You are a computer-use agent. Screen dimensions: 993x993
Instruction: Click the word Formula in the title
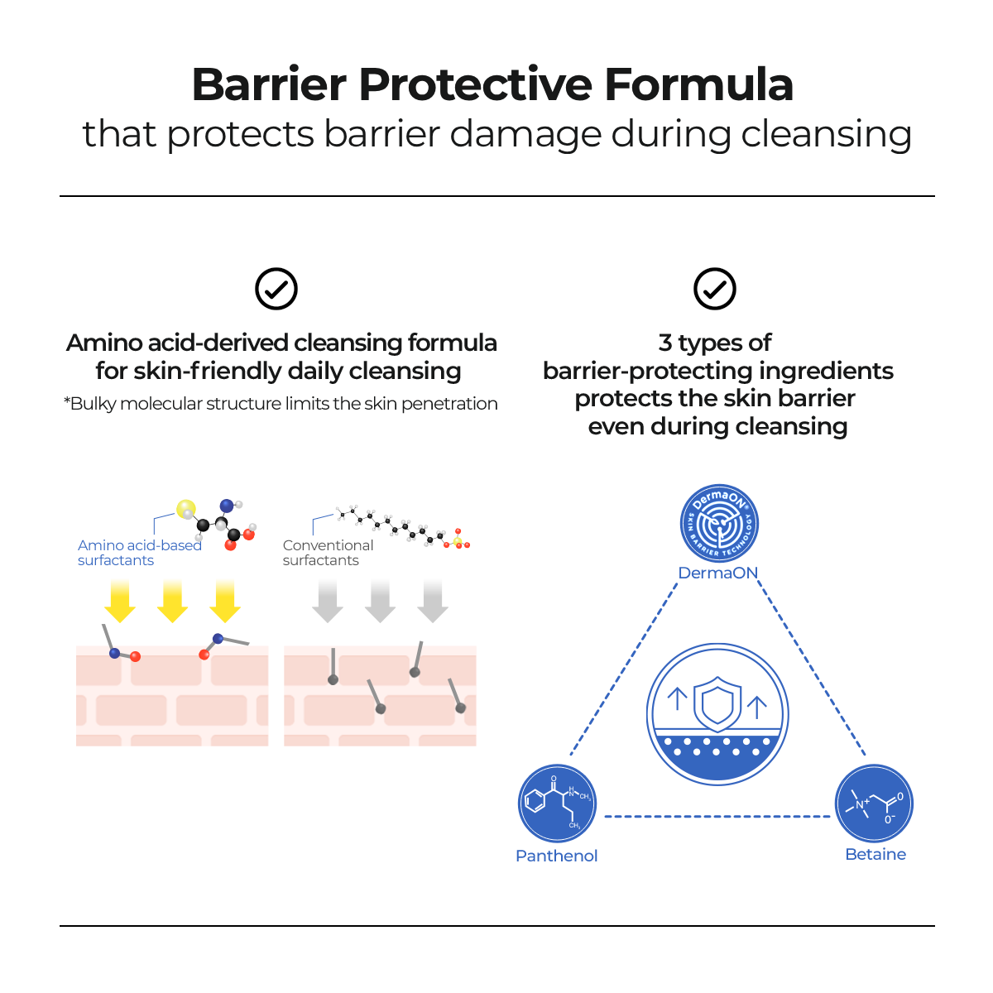(x=698, y=84)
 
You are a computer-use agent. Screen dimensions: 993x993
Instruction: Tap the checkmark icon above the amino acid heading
(x=276, y=289)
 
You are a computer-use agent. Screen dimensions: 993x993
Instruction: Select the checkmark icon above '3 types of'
(x=715, y=289)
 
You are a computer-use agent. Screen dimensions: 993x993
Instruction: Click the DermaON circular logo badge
(x=719, y=524)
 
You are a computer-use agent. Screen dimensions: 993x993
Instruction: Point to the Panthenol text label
(x=557, y=856)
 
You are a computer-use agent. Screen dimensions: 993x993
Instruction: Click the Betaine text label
(x=875, y=854)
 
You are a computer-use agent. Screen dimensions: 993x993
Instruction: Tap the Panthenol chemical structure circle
(x=557, y=804)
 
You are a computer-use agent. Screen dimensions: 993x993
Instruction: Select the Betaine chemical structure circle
(x=874, y=804)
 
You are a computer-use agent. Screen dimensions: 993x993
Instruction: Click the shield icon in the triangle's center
(x=717, y=704)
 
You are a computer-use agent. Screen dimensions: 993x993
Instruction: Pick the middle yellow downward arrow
(x=172, y=601)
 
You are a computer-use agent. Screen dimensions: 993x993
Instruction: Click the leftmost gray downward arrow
(x=328, y=601)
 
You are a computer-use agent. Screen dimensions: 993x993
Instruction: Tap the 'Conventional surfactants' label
(x=328, y=553)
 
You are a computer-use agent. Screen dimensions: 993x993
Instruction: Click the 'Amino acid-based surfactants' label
(x=140, y=553)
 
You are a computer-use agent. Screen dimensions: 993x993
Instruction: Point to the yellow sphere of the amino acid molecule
(x=185, y=509)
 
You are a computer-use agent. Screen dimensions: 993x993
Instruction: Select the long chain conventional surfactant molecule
(x=403, y=527)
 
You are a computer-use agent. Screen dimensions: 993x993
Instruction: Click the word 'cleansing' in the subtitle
(x=826, y=135)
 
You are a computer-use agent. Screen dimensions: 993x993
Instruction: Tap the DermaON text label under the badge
(x=717, y=573)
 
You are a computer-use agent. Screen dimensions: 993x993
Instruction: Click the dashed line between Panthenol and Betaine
(x=717, y=816)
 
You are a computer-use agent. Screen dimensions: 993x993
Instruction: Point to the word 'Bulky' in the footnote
(x=93, y=404)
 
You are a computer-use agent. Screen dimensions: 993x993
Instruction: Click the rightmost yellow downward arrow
(x=225, y=601)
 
